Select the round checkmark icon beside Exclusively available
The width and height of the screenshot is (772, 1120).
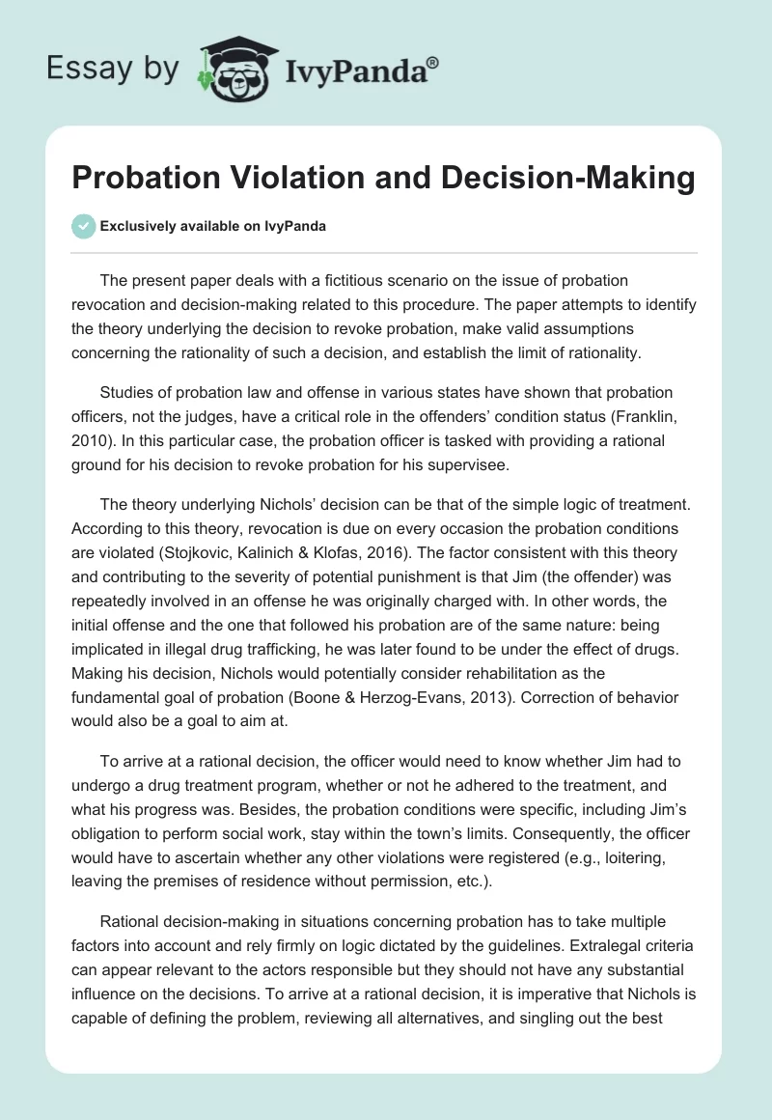(x=82, y=226)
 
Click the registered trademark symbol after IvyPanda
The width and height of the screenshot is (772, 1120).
(x=433, y=60)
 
